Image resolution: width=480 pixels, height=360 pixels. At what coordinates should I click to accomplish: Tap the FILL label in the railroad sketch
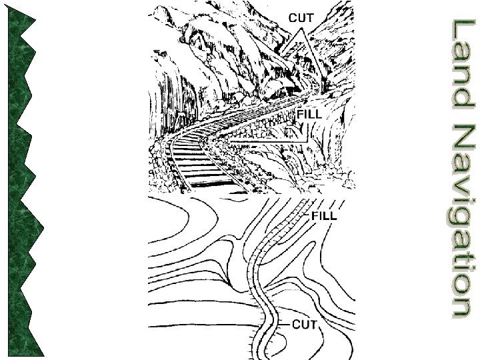(309, 114)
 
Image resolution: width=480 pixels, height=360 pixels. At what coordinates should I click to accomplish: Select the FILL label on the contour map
(325, 215)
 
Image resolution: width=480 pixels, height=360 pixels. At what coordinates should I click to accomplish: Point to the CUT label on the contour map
(305, 324)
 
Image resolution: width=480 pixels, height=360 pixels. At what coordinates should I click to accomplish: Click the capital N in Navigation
(460, 137)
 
